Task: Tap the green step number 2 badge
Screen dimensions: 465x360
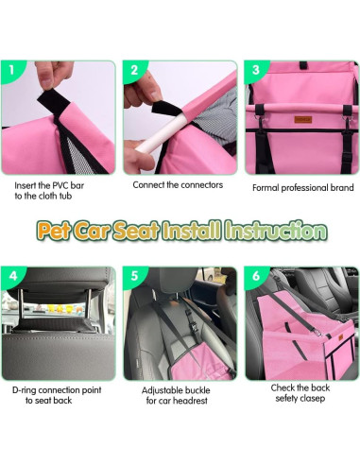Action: tap(134, 70)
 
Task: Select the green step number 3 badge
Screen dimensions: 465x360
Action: tap(254, 70)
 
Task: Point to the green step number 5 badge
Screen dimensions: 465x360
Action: tap(134, 277)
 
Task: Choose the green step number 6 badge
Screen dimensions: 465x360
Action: tap(254, 277)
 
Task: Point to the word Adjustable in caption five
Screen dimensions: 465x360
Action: tap(163, 389)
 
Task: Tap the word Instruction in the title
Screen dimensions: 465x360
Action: tap(279, 231)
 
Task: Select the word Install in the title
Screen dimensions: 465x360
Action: tap(194, 231)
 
